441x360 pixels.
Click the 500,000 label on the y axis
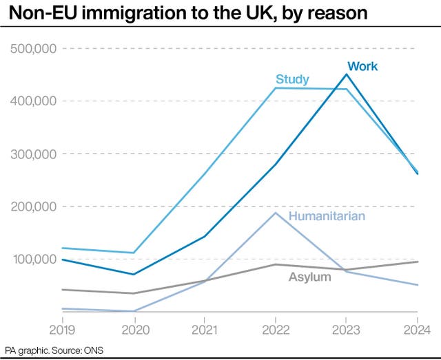[33, 48]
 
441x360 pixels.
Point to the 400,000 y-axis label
[33, 101]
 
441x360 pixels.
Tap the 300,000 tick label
[33, 154]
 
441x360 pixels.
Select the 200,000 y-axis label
[33, 207]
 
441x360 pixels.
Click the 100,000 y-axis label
[33, 260]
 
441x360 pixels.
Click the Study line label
[292, 78]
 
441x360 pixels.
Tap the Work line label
[362, 66]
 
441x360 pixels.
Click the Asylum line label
[309, 277]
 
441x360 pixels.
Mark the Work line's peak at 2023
[347, 74]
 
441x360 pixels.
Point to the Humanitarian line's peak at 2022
[276, 213]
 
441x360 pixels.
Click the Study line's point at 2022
[276, 88]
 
